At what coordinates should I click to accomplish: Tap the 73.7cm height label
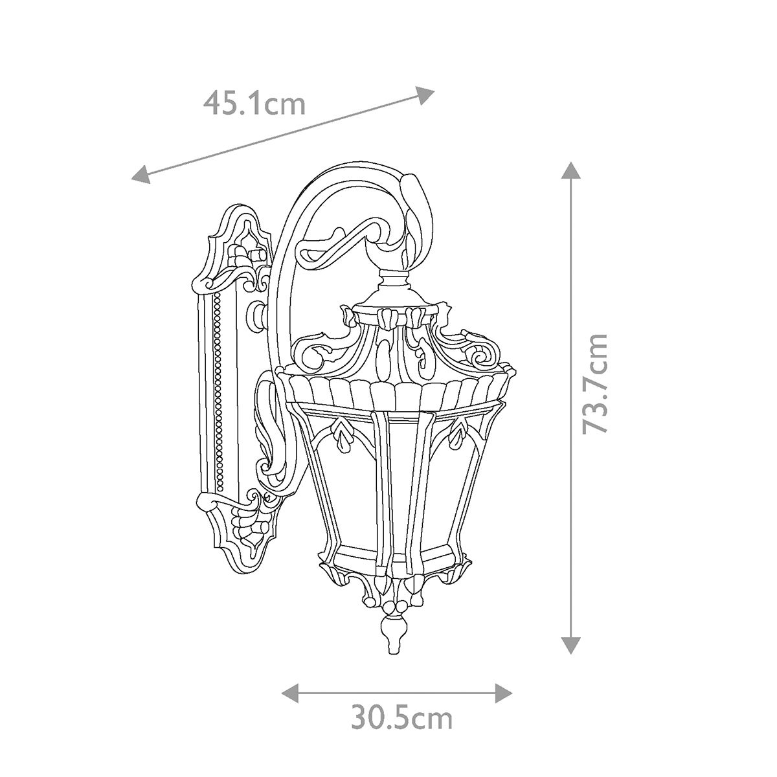click(x=595, y=383)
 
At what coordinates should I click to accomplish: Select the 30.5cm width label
click(x=401, y=717)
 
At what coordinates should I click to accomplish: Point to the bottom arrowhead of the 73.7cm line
click(x=570, y=644)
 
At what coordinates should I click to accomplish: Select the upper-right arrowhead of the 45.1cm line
click(x=425, y=95)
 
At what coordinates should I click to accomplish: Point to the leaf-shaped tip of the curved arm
click(x=413, y=194)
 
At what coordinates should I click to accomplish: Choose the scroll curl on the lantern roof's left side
click(x=311, y=353)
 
